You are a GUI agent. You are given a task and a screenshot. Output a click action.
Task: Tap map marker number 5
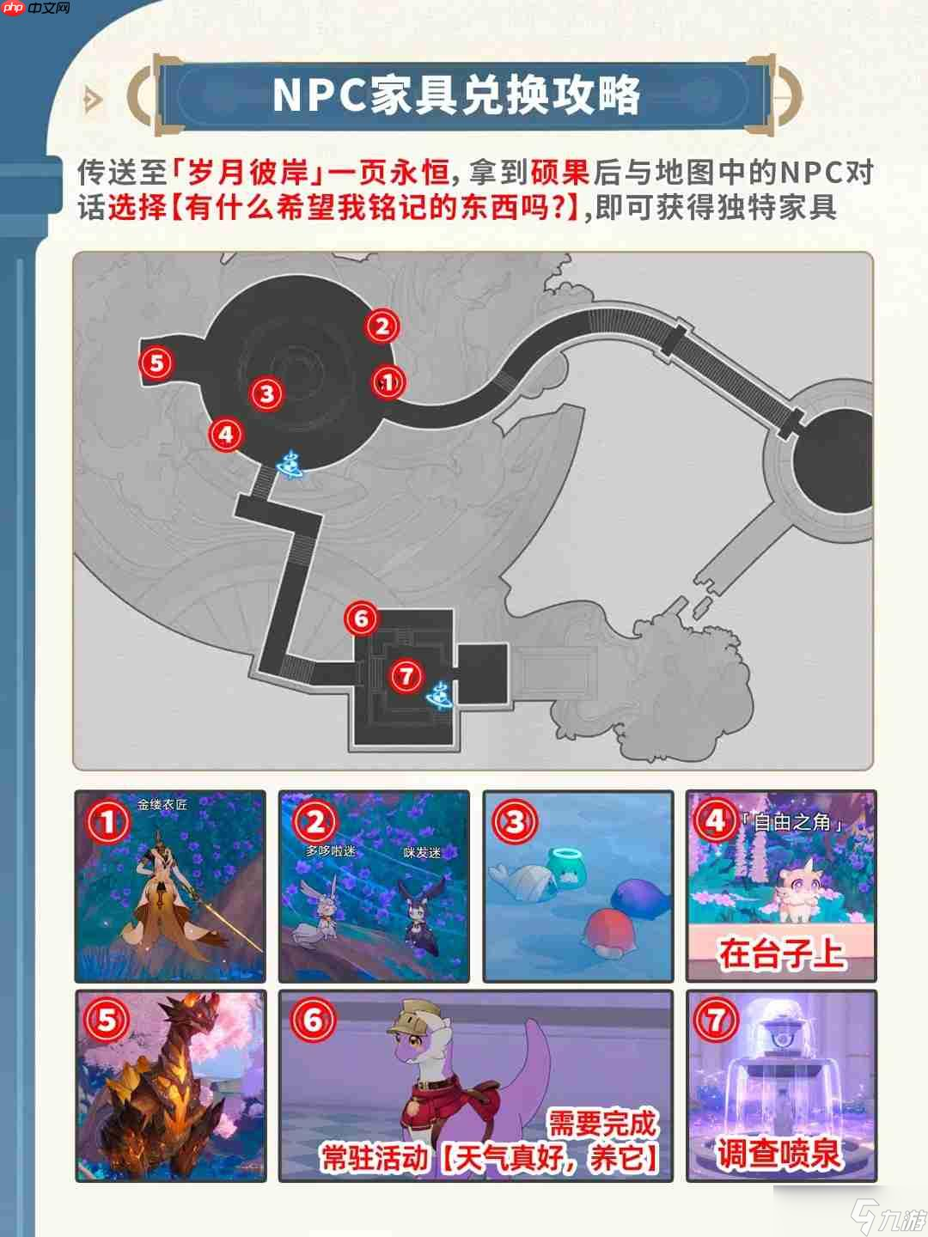click(x=156, y=362)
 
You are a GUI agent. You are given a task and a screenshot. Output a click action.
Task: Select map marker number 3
click(x=267, y=393)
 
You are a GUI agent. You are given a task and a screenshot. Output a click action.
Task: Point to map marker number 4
click(x=226, y=434)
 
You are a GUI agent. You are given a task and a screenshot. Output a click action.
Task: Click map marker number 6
click(x=361, y=618)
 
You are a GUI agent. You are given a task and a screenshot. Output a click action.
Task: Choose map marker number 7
click(x=406, y=675)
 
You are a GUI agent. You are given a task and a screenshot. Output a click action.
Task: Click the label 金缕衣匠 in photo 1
click(x=162, y=805)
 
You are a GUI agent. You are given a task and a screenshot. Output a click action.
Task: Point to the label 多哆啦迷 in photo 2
click(x=330, y=850)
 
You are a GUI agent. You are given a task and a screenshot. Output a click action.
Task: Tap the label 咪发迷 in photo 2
click(x=422, y=853)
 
